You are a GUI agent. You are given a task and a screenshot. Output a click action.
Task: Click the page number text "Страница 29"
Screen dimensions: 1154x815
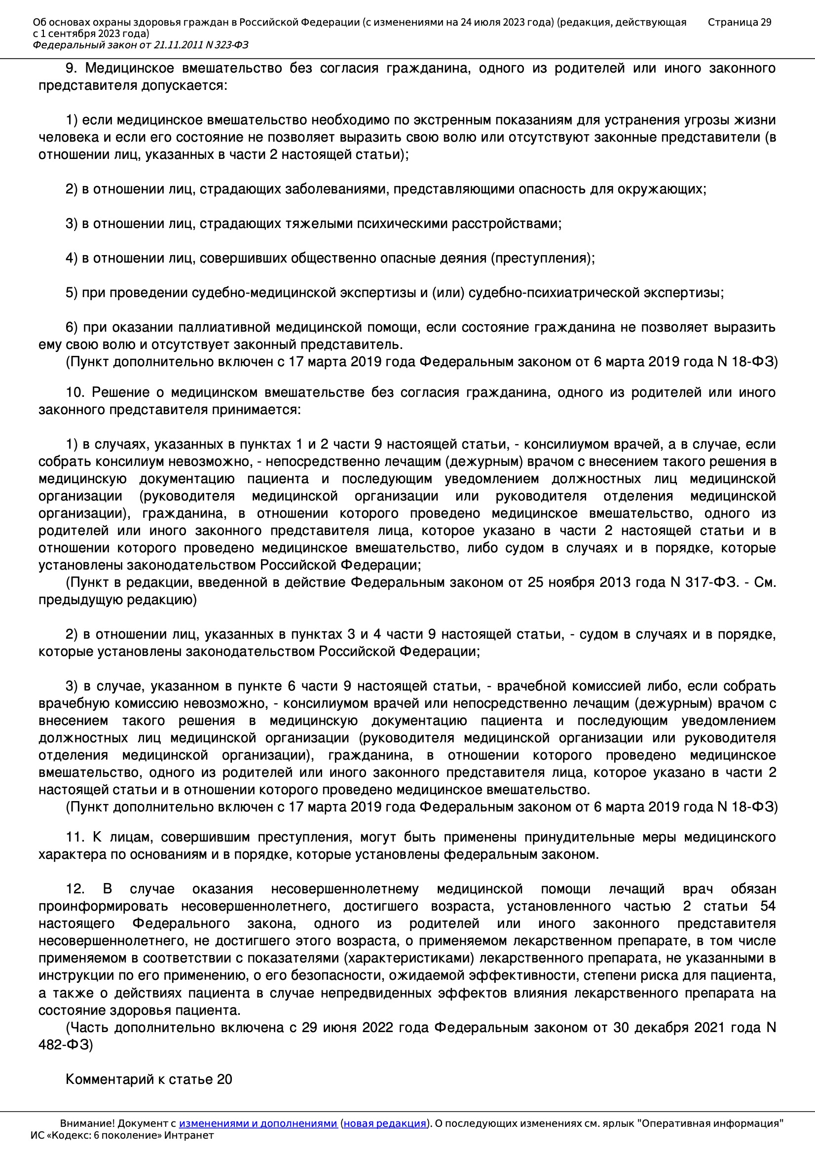tap(739, 22)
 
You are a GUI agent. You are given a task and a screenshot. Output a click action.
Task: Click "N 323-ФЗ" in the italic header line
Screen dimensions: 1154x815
tap(226, 45)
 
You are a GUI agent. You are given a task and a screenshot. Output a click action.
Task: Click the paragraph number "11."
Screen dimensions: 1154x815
tap(75, 837)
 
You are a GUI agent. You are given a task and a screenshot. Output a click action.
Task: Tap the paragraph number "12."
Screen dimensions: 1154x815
tap(75, 888)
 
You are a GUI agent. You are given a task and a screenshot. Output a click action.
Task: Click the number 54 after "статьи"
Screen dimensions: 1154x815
tap(768, 906)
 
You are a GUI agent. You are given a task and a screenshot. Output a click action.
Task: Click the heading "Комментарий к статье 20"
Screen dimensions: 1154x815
tap(148, 1079)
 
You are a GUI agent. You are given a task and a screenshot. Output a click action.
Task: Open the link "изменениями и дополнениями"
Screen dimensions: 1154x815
tap(258, 1123)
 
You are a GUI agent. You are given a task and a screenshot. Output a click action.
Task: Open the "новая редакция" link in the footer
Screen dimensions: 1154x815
tap(385, 1123)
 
